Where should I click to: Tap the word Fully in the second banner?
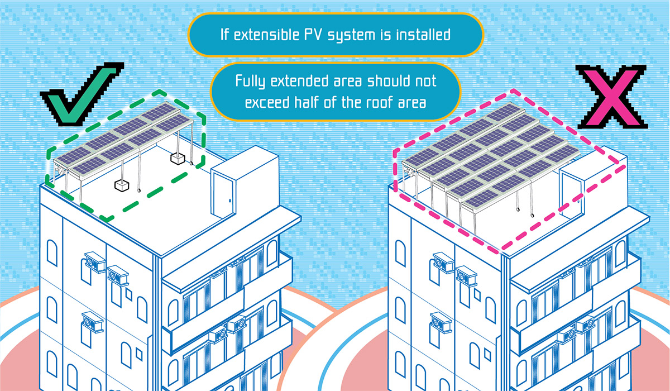click(x=250, y=82)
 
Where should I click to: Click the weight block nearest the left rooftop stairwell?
click(x=178, y=159)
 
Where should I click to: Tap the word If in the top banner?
click(x=225, y=35)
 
